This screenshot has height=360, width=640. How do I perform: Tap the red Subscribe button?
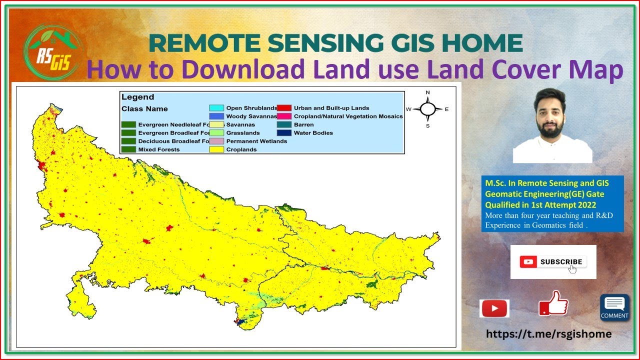553,261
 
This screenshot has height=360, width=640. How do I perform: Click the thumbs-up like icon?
553,303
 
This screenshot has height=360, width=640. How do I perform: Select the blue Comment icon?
614,307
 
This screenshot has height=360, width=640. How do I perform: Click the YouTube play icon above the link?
494,308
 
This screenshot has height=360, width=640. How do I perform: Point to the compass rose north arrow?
427,108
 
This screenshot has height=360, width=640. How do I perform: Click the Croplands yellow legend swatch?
216,149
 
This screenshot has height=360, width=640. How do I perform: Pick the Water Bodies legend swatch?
284,133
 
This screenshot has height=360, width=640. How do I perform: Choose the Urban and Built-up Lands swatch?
284,108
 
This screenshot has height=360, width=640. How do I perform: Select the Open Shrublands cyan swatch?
216,108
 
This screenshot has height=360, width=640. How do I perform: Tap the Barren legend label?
304,124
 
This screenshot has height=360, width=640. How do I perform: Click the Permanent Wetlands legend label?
256,141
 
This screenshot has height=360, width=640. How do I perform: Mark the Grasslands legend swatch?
216,133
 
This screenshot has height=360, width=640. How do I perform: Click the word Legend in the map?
137,97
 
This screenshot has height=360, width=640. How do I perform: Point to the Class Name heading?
144,108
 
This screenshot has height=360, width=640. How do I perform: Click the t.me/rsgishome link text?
548,333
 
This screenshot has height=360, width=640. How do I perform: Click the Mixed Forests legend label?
159,149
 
